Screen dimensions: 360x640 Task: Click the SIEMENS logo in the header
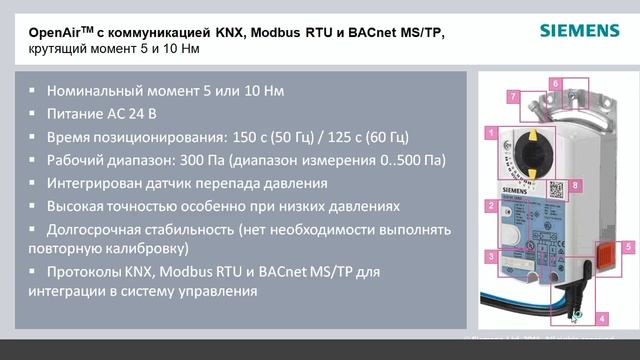579,29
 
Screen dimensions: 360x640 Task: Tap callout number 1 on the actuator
491,132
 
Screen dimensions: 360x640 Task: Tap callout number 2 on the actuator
490,206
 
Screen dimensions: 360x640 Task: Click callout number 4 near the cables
602,318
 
